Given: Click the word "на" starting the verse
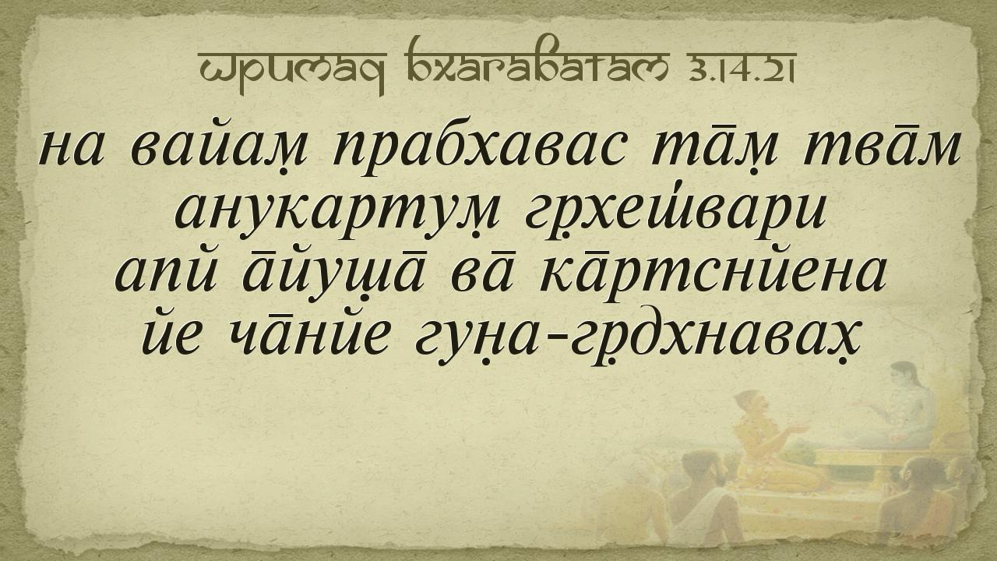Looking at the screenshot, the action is click(72, 148).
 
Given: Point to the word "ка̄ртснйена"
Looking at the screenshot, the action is click(712, 276).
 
